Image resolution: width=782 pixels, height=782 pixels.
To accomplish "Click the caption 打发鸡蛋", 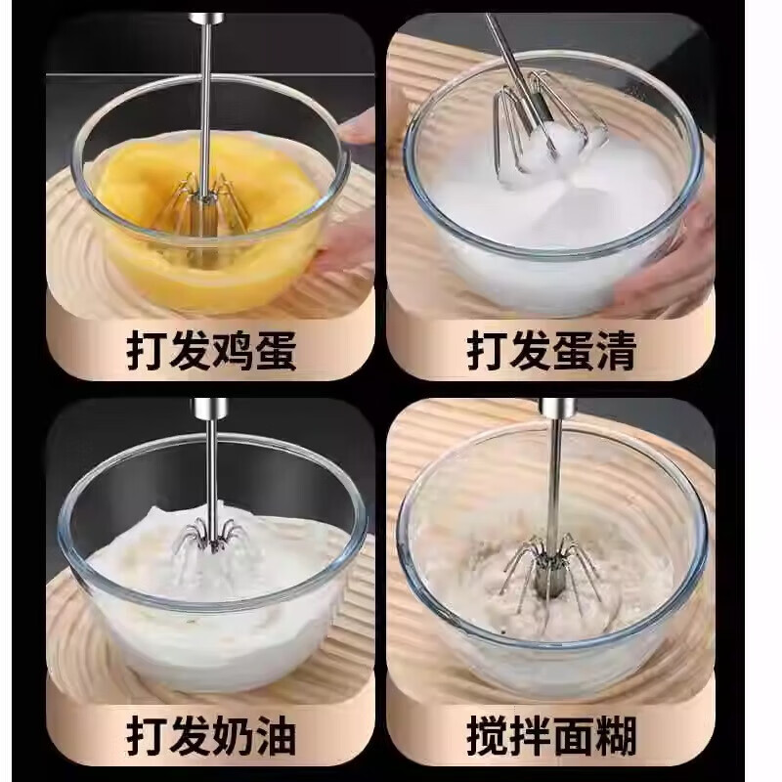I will click(210, 351).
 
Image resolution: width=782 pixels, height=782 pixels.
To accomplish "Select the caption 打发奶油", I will click(210, 730).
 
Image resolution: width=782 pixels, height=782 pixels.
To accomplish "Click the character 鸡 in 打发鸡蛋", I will click(231, 351).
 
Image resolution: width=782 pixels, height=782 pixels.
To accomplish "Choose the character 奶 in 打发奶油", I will click(231, 730).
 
